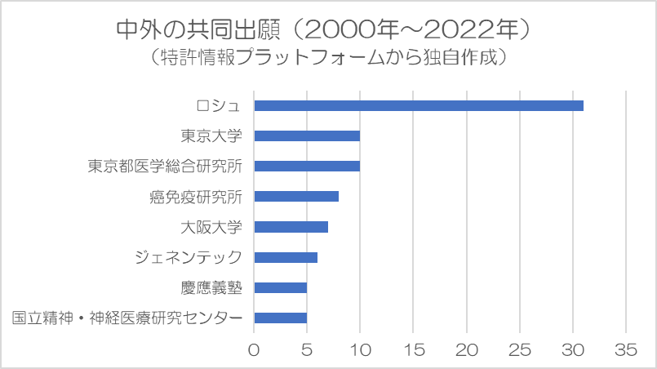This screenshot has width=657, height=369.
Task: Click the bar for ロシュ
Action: pyautogui.click(x=419, y=105)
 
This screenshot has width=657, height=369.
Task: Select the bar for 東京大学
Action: pyautogui.click(x=307, y=136)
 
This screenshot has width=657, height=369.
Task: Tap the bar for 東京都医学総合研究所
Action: pyautogui.click(x=307, y=167)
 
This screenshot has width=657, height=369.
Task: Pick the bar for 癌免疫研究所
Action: pyautogui.click(x=296, y=197)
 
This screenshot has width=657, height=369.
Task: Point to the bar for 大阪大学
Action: pyautogui.click(x=291, y=227)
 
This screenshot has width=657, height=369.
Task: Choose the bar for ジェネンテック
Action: pyautogui.click(x=286, y=258)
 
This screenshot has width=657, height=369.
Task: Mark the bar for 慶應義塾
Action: pyautogui.click(x=280, y=288)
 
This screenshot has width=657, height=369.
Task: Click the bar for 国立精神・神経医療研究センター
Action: pyautogui.click(x=280, y=318)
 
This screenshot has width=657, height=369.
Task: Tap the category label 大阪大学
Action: pyautogui.click(x=211, y=227)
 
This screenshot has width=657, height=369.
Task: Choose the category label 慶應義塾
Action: pyautogui.click(x=211, y=288)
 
